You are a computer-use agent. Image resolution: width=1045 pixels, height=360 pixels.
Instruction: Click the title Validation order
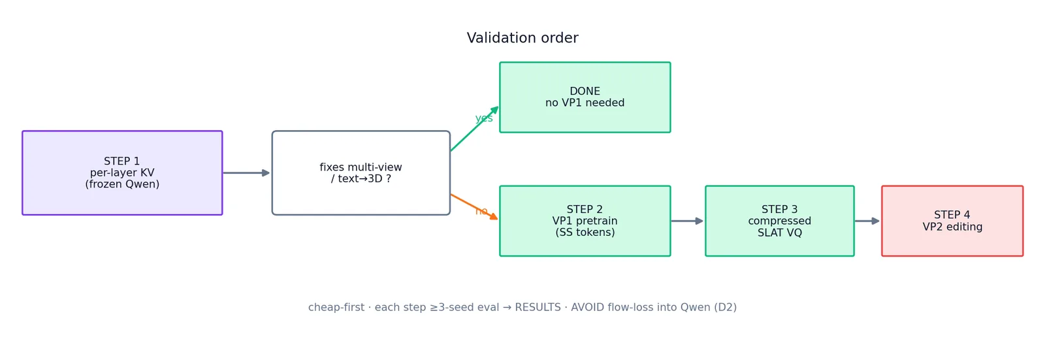tap(522, 38)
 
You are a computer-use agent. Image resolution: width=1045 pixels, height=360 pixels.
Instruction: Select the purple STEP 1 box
tap(122, 172)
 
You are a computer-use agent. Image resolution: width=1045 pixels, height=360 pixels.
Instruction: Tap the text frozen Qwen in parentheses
tap(122, 184)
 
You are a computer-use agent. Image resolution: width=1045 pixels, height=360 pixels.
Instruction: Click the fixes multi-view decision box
tap(361, 172)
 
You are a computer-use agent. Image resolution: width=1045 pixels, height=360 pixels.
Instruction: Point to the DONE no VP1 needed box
tap(585, 97)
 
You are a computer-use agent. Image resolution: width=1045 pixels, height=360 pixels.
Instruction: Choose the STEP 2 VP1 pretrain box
tap(585, 221)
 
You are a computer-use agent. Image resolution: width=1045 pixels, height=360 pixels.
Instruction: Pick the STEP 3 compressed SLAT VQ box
tap(780, 221)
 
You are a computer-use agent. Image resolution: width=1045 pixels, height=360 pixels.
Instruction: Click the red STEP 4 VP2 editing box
tap(952, 221)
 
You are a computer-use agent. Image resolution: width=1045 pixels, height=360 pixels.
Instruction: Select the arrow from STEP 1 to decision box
tap(246, 172)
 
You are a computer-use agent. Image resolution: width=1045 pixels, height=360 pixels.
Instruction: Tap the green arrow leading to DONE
tap(474, 129)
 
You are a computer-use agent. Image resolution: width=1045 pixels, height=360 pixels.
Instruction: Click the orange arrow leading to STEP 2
tap(474, 207)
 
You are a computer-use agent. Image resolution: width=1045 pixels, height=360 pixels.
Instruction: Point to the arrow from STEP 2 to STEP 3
tap(687, 221)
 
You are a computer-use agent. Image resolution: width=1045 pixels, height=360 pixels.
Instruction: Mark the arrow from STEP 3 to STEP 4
tap(867, 221)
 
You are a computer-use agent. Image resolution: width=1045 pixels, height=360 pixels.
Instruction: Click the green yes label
tap(484, 118)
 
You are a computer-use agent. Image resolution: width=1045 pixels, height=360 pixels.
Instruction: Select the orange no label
tap(481, 211)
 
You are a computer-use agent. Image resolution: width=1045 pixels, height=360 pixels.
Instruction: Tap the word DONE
tap(585, 91)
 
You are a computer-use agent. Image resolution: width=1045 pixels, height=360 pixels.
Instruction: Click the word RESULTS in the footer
tap(538, 307)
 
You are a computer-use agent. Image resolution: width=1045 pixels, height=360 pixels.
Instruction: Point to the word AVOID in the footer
tap(587, 307)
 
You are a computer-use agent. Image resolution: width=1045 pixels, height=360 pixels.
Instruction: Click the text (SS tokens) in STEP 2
tap(585, 233)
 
